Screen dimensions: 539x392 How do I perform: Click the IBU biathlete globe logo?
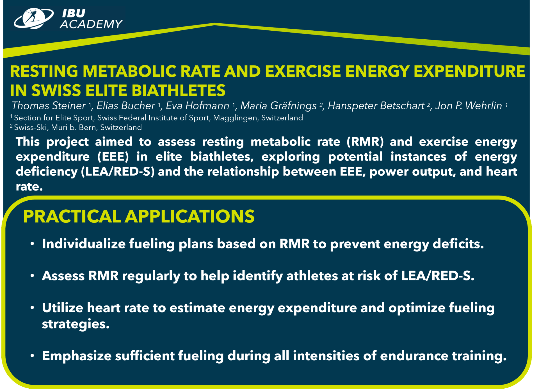(34, 18)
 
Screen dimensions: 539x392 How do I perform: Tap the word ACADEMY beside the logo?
(91, 24)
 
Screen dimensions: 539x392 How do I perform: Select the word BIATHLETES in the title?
(179, 90)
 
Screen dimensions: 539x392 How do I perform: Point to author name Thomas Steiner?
(49, 106)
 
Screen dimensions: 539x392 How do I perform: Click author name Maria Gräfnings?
(278, 106)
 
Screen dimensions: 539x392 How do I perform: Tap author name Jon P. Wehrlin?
(469, 106)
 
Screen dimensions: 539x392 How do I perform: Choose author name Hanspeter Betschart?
(376, 106)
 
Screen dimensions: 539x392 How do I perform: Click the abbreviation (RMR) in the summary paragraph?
(365, 142)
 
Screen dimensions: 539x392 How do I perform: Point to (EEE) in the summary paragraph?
(113, 157)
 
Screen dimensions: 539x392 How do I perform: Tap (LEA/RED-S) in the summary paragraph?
(118, 171)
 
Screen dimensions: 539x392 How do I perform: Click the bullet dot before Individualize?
(32, 244)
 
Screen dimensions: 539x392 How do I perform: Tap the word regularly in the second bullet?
(151, 276)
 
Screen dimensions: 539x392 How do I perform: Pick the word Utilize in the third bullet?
(62, 308)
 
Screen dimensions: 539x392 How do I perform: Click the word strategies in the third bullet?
(76, 325)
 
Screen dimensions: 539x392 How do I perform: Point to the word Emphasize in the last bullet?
(77, 356)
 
